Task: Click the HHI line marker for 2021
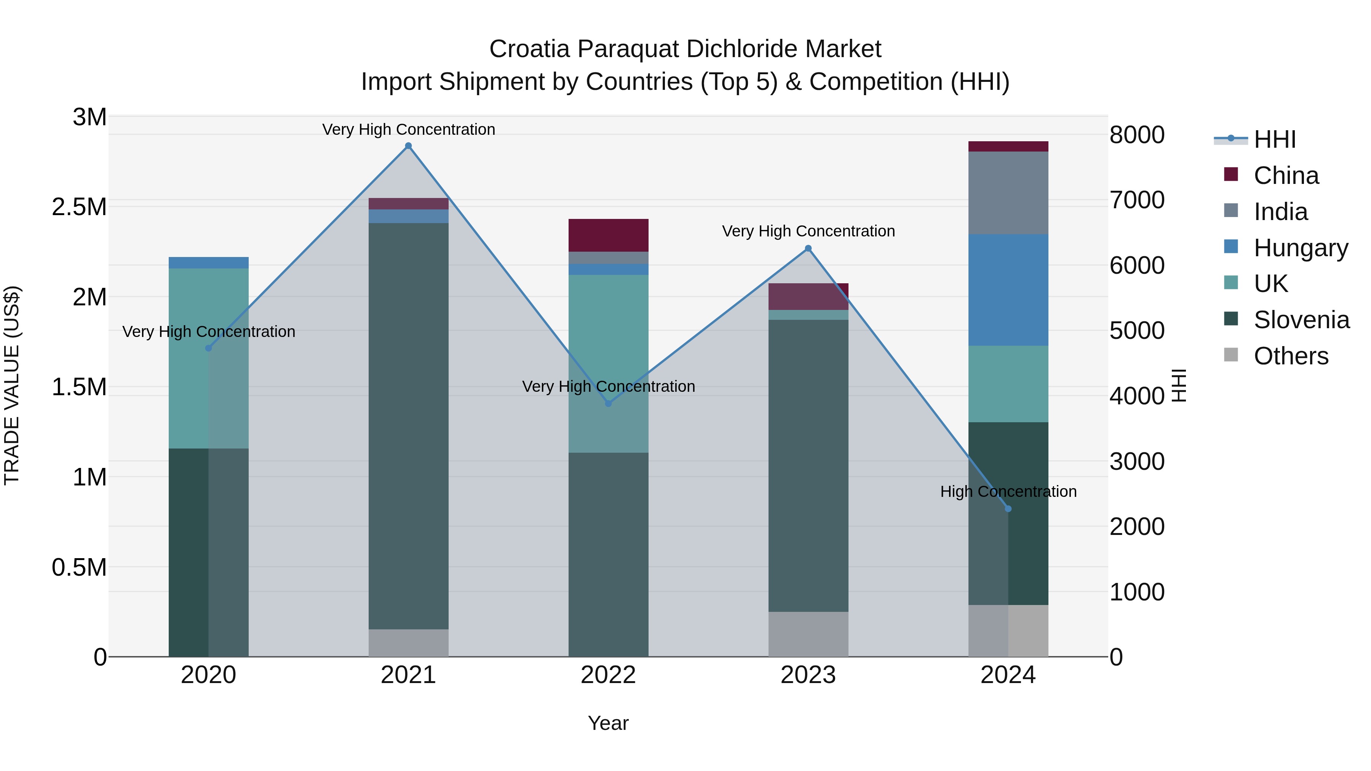[x=408, y=146]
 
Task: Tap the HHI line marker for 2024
[x=1008, y=509]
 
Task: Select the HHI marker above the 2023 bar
[x=808, y=249]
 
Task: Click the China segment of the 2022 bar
[x=608, y=235]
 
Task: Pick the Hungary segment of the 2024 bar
[x=1008, y=290]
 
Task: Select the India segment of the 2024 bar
[x=1008, y=193]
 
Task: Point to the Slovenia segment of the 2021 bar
[x=408, y=426]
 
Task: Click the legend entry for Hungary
[x=1300, y=248]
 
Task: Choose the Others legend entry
[x=1291, y=356]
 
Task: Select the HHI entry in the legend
[x=1274, y=139]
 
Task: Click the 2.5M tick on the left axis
[x=79, y=207]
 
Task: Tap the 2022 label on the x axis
[x=608, y=675]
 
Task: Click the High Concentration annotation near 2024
[x=1008, y=491]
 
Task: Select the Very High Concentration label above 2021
[x=408, y=129]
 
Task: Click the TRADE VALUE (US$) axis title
[x=12, y=385]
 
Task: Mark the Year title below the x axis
[x=608, y=723]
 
